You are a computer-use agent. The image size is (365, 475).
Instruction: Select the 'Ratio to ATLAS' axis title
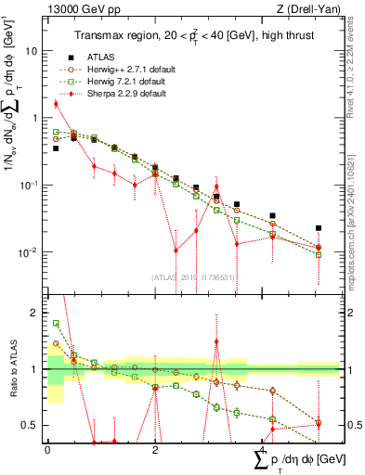(x=11, y=366)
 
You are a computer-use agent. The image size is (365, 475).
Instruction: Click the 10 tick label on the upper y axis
(x=33, y=51)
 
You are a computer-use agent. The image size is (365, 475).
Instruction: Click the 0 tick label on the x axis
(x=47, y=448)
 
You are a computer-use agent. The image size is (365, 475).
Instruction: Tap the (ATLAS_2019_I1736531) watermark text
(x=192, y=276)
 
